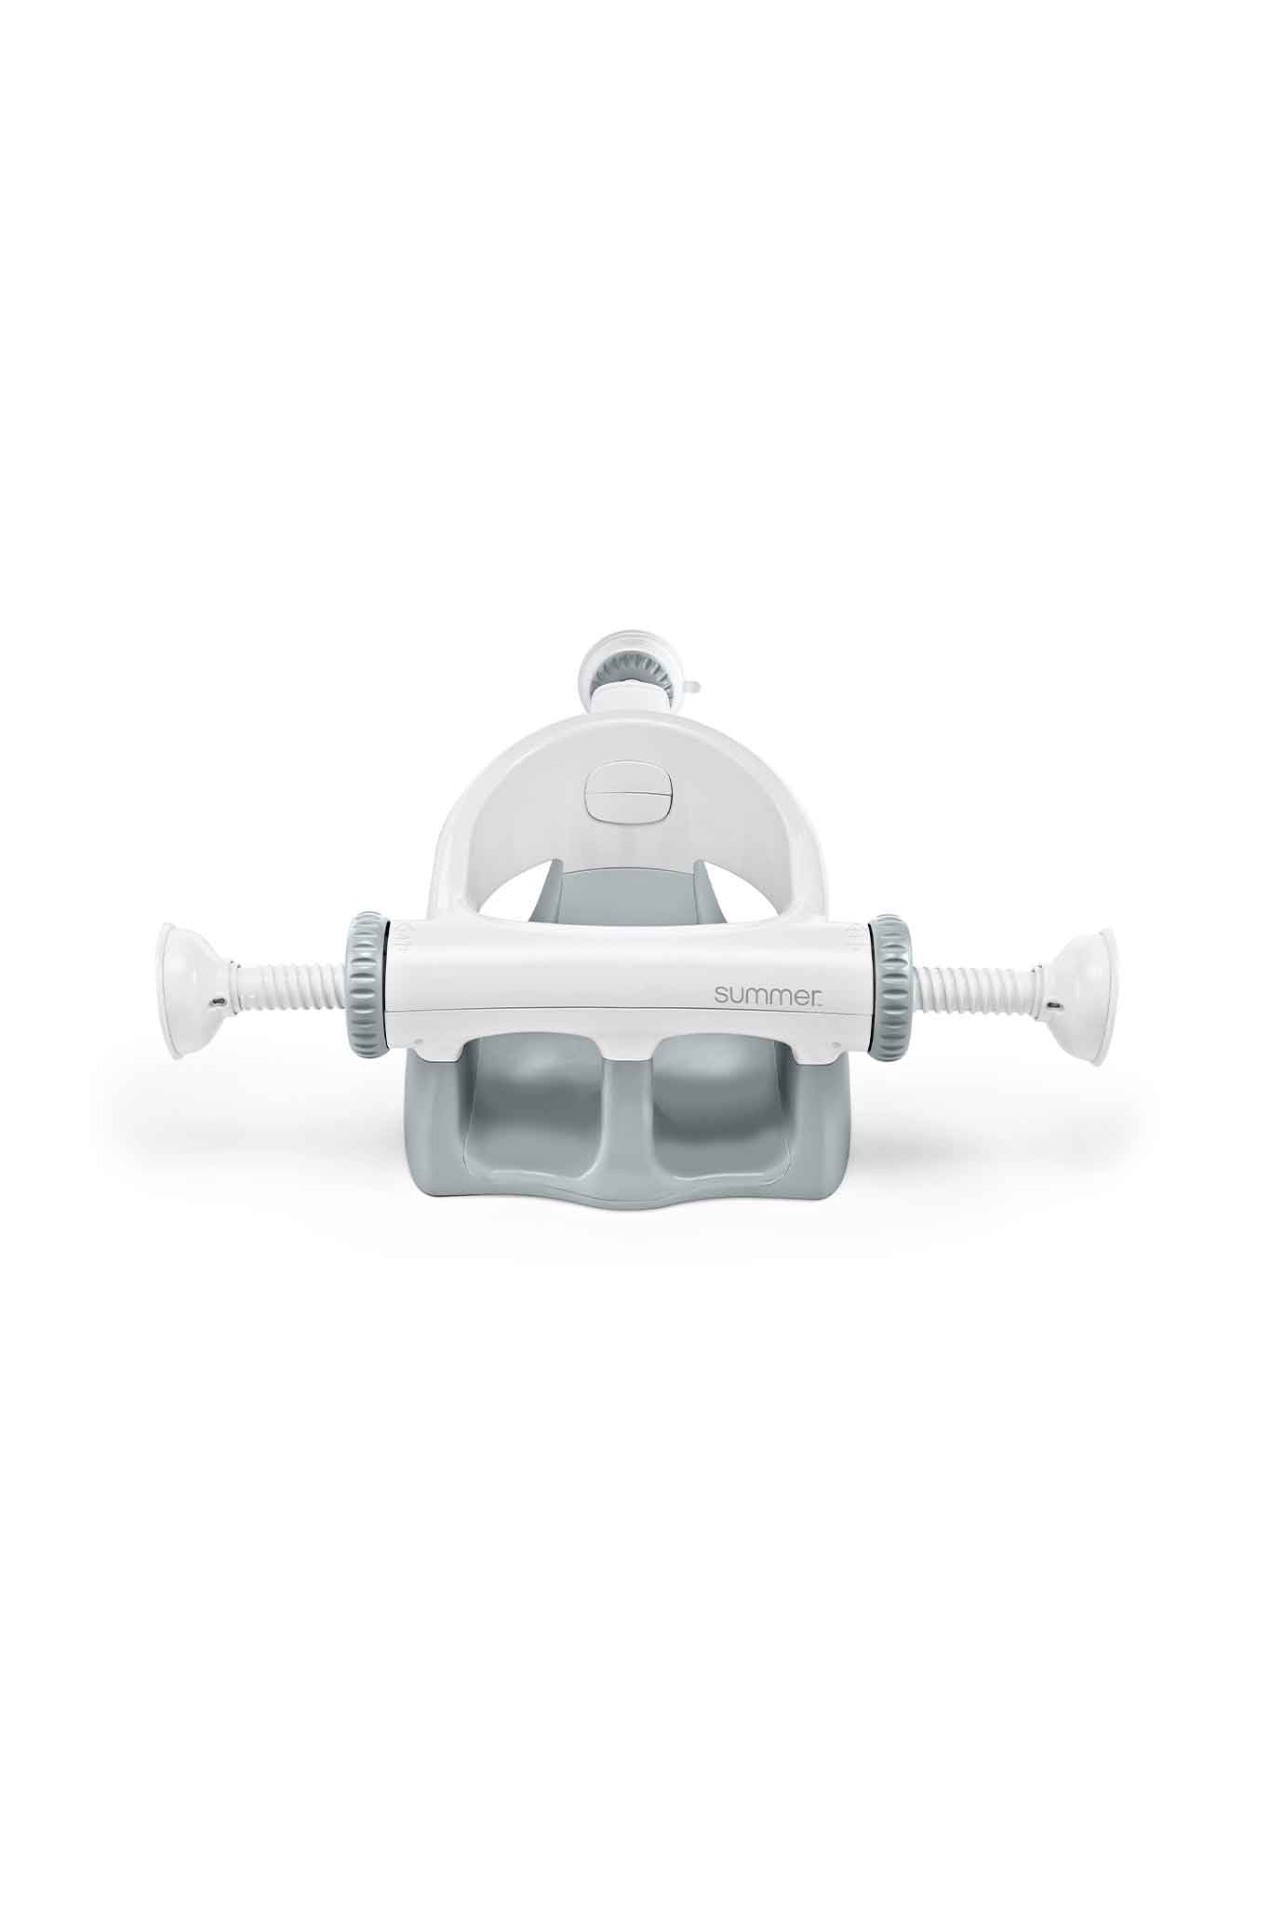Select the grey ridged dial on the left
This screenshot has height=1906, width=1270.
368,985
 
